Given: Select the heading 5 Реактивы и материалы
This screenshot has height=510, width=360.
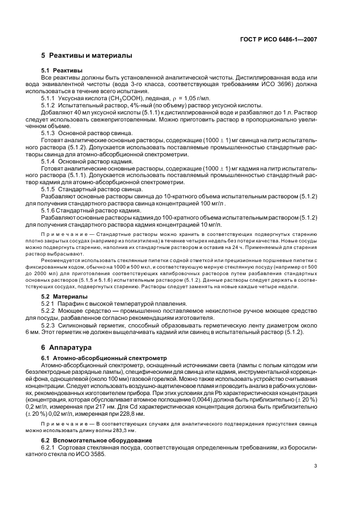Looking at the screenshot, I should pos(87,56).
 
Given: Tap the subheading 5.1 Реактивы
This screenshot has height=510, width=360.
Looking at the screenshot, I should pos(62,71).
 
